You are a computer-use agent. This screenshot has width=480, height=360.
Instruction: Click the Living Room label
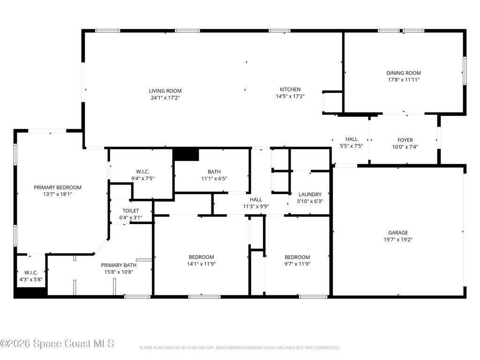(x=165, y=91)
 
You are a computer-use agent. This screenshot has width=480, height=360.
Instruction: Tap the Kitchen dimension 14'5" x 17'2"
(x=290, y=97)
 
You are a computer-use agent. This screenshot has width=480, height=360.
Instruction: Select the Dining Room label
(x=403, y=73)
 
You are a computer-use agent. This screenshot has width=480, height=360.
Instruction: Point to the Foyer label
(x=405, y=140)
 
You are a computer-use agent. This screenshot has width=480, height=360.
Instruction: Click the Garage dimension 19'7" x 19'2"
(x=397, y=240)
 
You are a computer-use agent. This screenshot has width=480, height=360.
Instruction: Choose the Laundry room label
(x=310, y=195)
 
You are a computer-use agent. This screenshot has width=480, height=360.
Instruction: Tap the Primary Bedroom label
(x=57, y=187)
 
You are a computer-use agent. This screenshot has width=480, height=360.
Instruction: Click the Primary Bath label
(x=119, y=265)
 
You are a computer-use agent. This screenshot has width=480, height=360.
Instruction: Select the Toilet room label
(x=131, y=211)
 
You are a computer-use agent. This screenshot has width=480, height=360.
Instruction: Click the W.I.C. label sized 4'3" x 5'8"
(x=30, y=273)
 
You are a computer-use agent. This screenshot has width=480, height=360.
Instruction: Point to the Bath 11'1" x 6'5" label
(x=214, y=172)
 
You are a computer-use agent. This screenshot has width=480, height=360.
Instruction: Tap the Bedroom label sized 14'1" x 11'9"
(x=201, y=257)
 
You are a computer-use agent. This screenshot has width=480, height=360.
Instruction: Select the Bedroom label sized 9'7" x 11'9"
(x=297, y=257)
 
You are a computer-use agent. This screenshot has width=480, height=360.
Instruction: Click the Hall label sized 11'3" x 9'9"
(x=255, y=200)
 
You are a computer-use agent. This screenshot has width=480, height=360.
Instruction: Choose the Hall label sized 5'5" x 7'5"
(x=351, y=139)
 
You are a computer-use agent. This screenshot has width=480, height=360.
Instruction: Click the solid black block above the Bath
(x=186, y=154)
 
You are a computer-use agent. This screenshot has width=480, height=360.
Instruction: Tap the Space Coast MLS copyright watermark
(x=57, y=344)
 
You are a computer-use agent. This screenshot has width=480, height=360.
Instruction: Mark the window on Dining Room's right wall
(x=464, y=71)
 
